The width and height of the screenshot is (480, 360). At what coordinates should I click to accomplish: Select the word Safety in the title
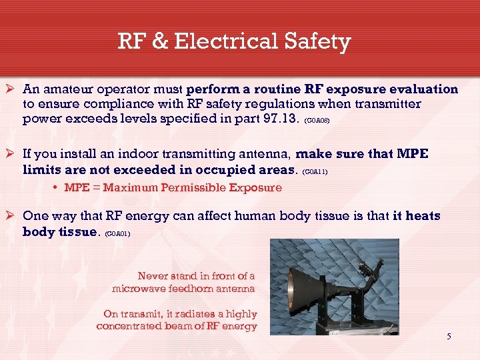click(319, 42)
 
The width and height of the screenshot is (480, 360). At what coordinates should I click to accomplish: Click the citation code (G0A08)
click(317, 123)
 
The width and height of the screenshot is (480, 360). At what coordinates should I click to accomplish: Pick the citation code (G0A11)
click(315, 172)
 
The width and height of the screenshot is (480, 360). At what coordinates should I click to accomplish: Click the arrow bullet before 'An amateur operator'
click(11, 89)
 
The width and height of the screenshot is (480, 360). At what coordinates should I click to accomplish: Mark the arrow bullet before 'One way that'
click(11, 216)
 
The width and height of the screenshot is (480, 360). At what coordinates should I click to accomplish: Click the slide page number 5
click(449, 336)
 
